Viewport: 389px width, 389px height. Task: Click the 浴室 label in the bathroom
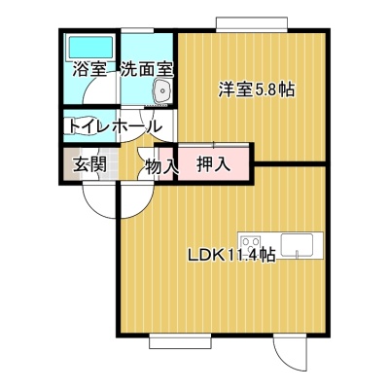[90, 69]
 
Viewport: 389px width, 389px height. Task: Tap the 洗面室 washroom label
[147, 69]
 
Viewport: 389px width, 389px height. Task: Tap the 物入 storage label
[161, 165]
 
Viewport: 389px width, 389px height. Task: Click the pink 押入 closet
[213, 162]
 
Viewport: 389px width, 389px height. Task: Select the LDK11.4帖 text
[231, 256]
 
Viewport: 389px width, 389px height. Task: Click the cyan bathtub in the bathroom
[90, 48]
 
